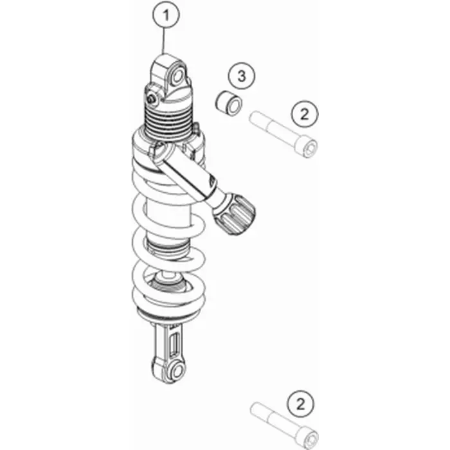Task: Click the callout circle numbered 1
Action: tap(166, 14)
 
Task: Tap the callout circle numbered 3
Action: tap(241, 76)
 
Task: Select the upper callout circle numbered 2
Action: tap(305, 114)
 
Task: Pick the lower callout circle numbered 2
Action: tap(301, 404)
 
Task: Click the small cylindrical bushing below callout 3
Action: tap(229, 104)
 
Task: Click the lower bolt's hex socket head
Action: tap(310, 439)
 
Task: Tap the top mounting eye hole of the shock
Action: tap(178, 77)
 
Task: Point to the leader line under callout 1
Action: tap(164, 41)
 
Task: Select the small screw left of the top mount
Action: tap(151, 99)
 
